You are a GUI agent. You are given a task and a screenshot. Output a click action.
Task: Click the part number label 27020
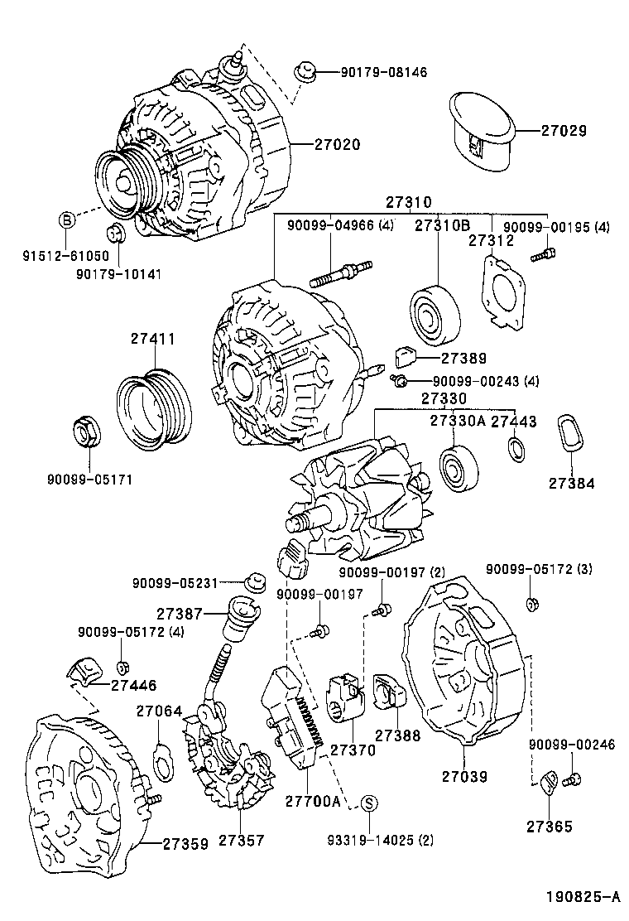pyautogui.click(x=337, y=143)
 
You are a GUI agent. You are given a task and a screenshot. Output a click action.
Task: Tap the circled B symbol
pyautogui.click(x=67, y=219)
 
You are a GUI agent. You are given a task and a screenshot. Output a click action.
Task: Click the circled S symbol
pyautogui.click(x=370, y=802)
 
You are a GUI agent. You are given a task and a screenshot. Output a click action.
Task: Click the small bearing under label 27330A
pyautogui.click(x=455, y=468)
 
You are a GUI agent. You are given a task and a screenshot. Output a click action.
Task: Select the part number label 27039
pyautogui.click(x=463, y=776)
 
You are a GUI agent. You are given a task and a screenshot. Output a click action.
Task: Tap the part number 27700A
pyautogui.click(x=313, y=801)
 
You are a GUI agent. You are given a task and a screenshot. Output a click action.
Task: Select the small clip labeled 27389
pyautogui.click(x=406, y=356)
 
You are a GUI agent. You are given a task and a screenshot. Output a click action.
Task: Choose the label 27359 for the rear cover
pyautogui.click(x=185, y=844)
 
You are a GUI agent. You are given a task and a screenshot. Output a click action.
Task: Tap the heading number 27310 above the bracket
pyautogui.click(x=407, y=203)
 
